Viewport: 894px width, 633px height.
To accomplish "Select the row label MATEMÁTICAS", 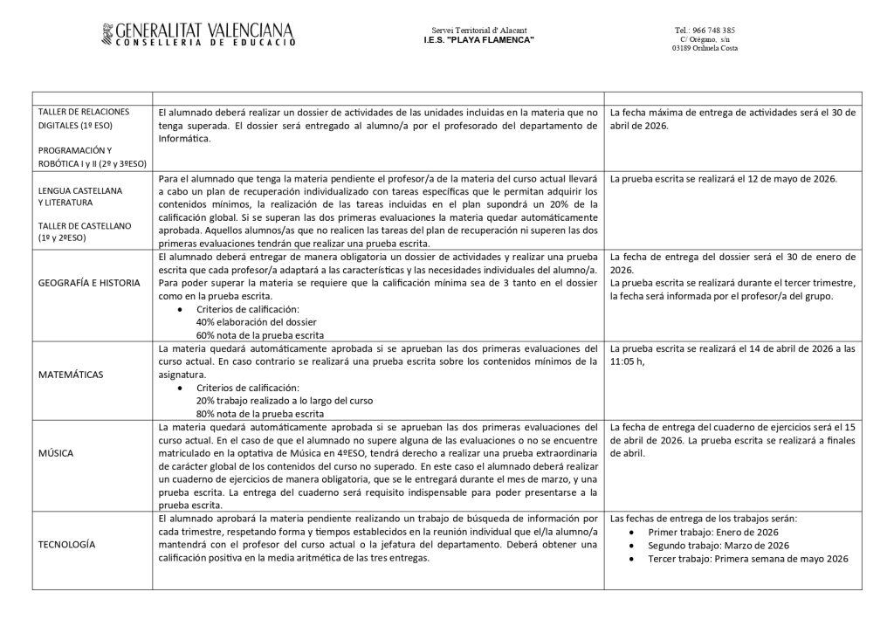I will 72,375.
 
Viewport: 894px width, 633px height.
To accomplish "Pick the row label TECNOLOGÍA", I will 66,544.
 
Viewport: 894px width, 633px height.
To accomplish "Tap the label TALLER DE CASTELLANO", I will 85,225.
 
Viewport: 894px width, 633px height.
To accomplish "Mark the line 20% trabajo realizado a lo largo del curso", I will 285,400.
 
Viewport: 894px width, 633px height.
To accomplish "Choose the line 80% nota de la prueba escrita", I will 260,413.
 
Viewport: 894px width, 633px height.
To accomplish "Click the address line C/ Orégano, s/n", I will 705,39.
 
